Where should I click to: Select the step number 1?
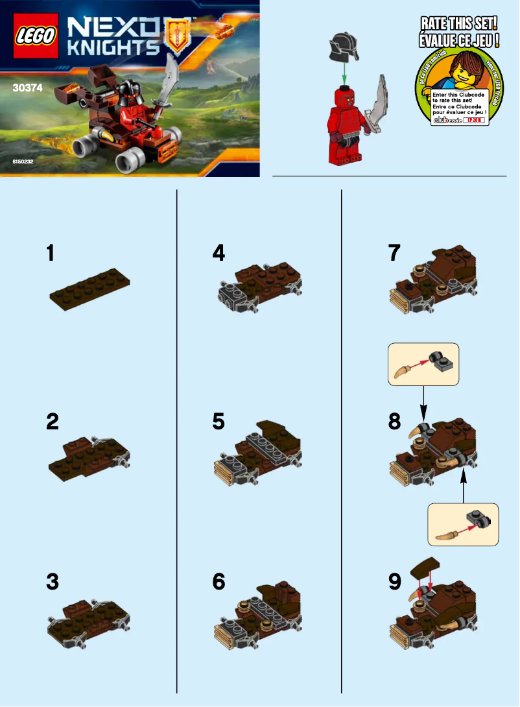coord(50,253)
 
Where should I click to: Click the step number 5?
coord(219,422)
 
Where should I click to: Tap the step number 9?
coord(394,582)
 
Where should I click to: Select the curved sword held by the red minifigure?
coord(379,104)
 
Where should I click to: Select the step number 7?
coord(394,253)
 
